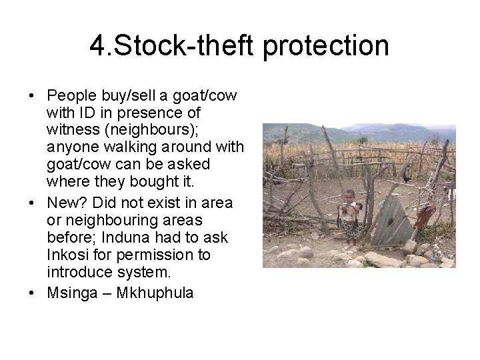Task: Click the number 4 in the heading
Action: tap(98, 47)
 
